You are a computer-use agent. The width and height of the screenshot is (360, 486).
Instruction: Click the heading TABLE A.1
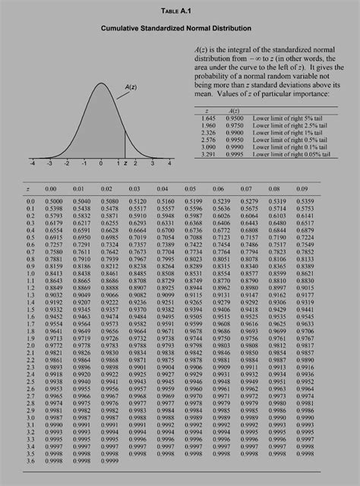(179, 11)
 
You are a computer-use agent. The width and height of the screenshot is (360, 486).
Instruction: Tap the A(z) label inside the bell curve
(131, 89)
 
